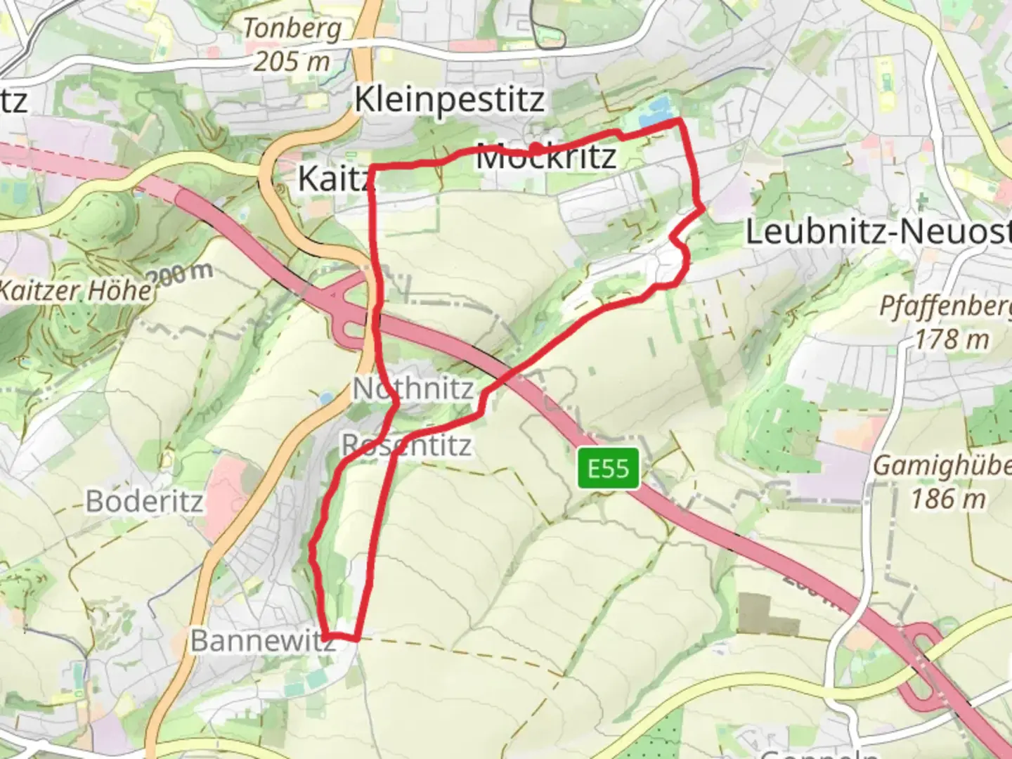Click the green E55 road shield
pyautogui.click(x=609, y=468)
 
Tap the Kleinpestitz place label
pyautogui.click(x=449, y=100)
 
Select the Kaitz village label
pyautogui.click(x=334, y=179)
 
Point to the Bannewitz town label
pyautogui.click(x=262, y=641)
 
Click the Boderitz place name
pyautogui.click(x=145, y=502)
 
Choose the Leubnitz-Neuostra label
pyautogui.click(x=878, y=232)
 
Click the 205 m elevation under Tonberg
pyautogui.click(x=292, y=62)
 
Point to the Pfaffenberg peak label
pyautogui.click(x=945, y=307)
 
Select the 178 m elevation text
pyautogui.click(x=952, y=340)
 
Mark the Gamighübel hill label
pyautogui.click(x=942, y=466)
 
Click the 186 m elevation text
pyautogui.click(x=949, y=499)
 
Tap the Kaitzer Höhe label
pyautogui.click(x=76, y=290)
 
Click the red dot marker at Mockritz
pyautogui.click(x=536, y=148)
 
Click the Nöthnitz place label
pyautogui.click(x=413, y=389)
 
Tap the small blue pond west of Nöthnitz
pyautogui.click(x=325, y=398)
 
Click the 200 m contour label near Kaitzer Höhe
pyautogui.click(x=181, y=275)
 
